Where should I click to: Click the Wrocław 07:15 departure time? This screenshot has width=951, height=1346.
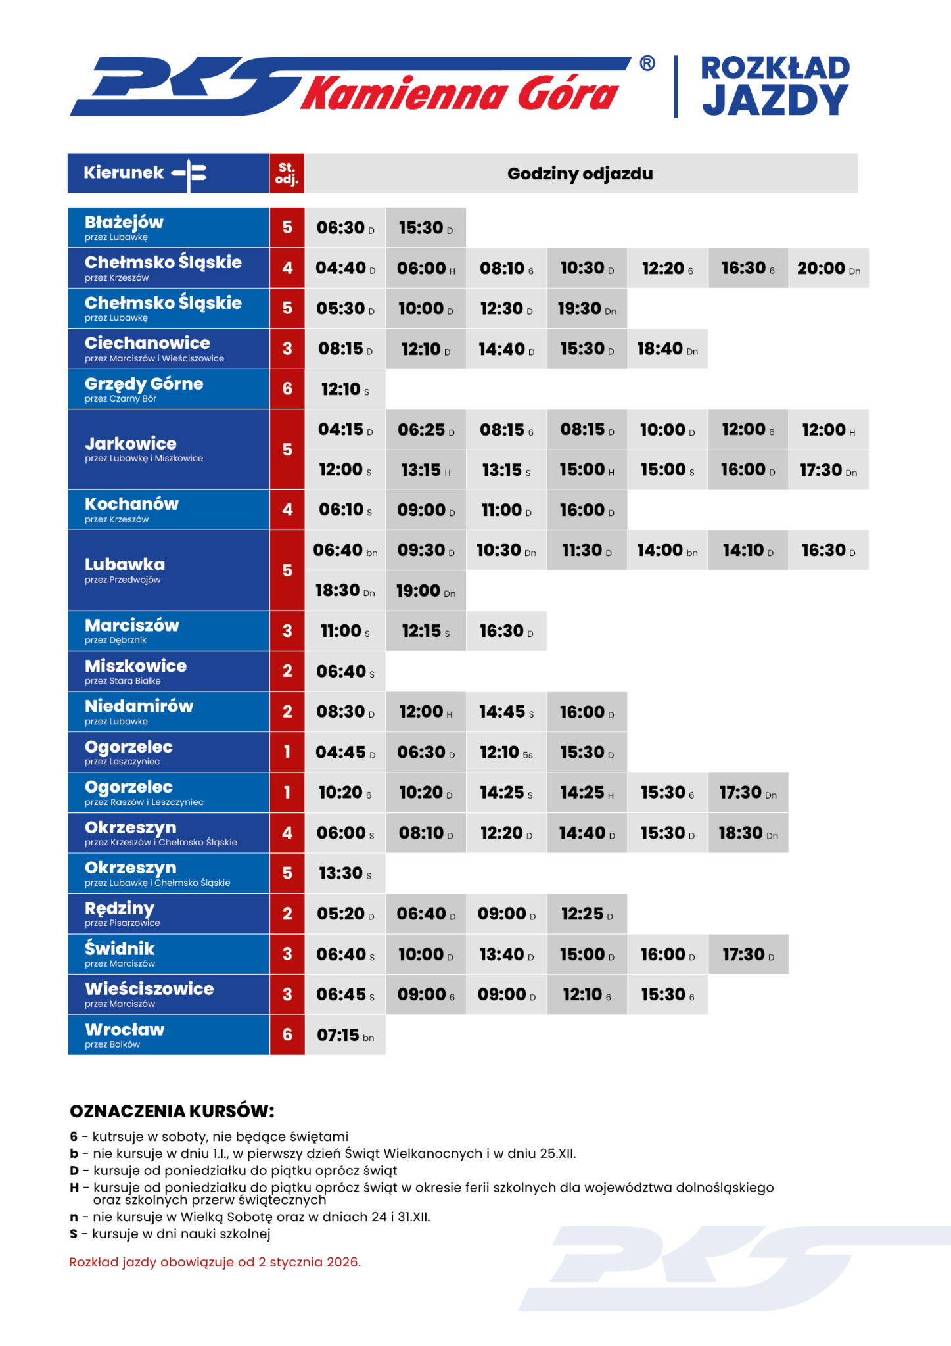[345, 1035]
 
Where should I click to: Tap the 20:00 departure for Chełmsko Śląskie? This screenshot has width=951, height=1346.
[828, 268]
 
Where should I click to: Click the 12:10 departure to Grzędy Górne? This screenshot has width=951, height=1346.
[345, 389]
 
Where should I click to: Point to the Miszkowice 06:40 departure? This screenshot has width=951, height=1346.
[345, 671]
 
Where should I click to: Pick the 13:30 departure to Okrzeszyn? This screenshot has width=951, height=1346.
[345, 873]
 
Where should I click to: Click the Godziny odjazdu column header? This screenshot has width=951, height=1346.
[580, 174]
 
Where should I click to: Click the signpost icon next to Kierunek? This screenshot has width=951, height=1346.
[191, 174]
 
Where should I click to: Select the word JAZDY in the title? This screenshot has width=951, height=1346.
[775, 101]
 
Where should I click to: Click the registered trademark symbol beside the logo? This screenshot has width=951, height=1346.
[647, 63]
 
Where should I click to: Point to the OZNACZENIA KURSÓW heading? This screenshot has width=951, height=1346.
[172, 1111]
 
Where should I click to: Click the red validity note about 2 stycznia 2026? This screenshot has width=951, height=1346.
[215, 1262]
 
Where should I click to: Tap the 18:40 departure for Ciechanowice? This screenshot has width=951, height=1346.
[667, 349]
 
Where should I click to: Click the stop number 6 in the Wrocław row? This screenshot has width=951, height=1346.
[287, 1034]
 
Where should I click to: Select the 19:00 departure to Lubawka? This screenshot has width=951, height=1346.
[425, 591]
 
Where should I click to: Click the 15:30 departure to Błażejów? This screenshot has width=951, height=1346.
[425, 228]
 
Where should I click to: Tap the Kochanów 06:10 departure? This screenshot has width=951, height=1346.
[345, 510]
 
